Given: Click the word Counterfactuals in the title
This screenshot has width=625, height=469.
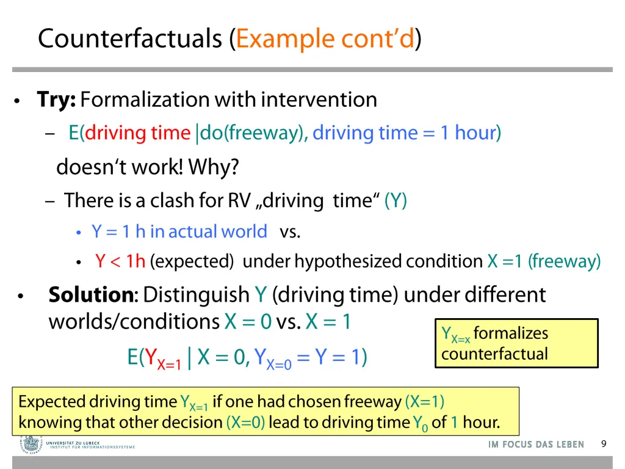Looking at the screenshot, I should coord(130,39).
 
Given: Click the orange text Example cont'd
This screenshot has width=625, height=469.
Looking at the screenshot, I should coord(325,39).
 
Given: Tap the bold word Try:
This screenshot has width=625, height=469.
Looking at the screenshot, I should coord(56,100).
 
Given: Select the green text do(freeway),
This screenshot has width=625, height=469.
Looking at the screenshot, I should coord(254,133).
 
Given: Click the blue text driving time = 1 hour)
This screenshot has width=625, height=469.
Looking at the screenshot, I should coord(406,133).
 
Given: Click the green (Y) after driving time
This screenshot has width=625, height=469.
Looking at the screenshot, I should coord(396,200).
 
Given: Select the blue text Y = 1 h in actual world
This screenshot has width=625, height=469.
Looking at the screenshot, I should coord(179,232).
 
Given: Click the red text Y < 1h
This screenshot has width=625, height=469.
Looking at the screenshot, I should coord(120,262).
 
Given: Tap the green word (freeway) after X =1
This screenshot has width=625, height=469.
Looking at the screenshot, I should coord(565,262).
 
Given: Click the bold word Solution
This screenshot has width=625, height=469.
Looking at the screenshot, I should coord(91,295).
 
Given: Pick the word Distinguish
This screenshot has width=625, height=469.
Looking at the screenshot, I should coord(197,295).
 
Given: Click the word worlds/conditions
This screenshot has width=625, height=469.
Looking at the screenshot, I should coord(134,321).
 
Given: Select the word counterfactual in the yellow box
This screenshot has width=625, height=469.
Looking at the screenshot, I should coord(494,354).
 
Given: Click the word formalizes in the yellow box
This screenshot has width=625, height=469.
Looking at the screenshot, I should coord(510,333).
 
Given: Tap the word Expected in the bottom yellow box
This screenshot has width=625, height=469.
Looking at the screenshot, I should coord(52,402).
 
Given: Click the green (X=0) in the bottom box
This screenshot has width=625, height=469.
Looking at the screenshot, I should coord(245,423).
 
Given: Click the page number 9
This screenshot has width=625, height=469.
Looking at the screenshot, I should coord(604,444).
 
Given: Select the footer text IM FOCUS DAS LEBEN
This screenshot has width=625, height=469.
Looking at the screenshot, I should coord(536,445).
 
